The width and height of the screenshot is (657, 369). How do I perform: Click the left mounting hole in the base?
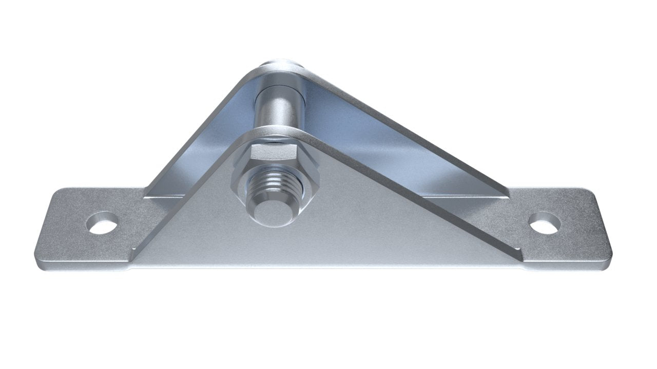click(x=103, y=223)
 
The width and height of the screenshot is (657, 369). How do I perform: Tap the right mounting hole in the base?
click(x=545, y=223)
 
